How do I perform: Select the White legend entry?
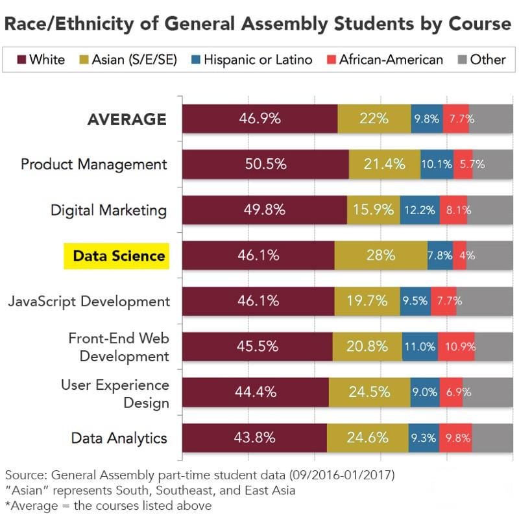click(x=41, y=60)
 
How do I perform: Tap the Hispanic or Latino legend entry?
click(x=250, y=60)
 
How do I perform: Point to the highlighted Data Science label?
click(x=119, y=256)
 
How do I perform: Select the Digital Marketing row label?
click(x=109, y=210)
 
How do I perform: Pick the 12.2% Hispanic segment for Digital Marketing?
click(x=419, y=210)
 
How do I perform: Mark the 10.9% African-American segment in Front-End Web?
click(x=456, y=346)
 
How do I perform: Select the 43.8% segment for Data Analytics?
click(x=254, y=438)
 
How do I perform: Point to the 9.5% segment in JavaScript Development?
click(x=415, y=301)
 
